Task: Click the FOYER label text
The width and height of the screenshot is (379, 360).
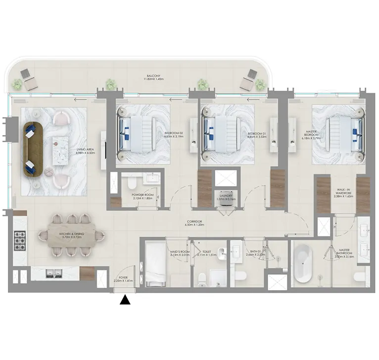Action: tap(121, 279)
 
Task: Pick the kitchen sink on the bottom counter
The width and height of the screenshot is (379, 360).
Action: tap(51, 272)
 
